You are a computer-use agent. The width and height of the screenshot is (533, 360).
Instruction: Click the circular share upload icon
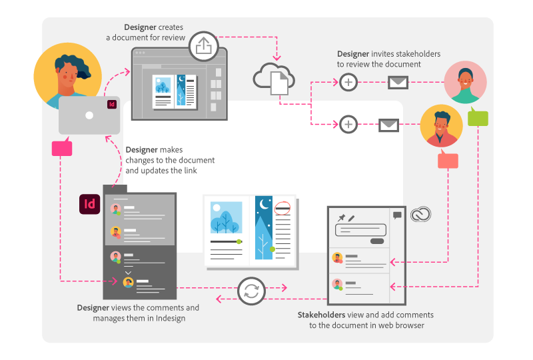click(203, 46)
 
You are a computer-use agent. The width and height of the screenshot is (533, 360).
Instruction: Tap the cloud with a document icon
click(274, 79)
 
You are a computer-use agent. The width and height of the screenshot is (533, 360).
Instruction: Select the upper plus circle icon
click(348, 82)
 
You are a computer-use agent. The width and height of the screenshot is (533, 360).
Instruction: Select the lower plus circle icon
click(348, 124)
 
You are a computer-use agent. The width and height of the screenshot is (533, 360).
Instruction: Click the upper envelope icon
click(398, 83)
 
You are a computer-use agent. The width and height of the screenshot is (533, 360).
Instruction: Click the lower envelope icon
click(389, 125)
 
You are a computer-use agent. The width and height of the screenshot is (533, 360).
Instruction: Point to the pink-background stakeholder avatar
click(465, 82)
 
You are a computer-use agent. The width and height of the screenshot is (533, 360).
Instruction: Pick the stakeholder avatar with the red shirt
click(441, 125)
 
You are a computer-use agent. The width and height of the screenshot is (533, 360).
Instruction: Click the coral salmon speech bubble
click(448, 159)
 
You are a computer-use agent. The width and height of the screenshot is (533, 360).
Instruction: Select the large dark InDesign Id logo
click(90, 204)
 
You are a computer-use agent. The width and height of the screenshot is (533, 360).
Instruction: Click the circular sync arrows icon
click(251, 291)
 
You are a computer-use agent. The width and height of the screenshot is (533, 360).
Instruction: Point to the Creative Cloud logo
click(421, 215)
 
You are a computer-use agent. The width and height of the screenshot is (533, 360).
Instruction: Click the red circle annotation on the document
click(282, 208)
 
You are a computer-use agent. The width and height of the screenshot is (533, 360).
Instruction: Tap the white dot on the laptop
click(89, 115)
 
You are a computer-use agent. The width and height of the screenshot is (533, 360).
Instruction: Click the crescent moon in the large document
click(264, 204)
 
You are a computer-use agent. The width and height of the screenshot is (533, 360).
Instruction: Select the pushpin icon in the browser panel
click(341, 218)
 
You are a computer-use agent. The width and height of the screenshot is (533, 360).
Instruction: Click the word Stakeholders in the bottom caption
click(322, 315)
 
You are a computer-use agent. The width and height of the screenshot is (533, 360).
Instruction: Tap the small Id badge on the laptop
click(112, 104)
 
